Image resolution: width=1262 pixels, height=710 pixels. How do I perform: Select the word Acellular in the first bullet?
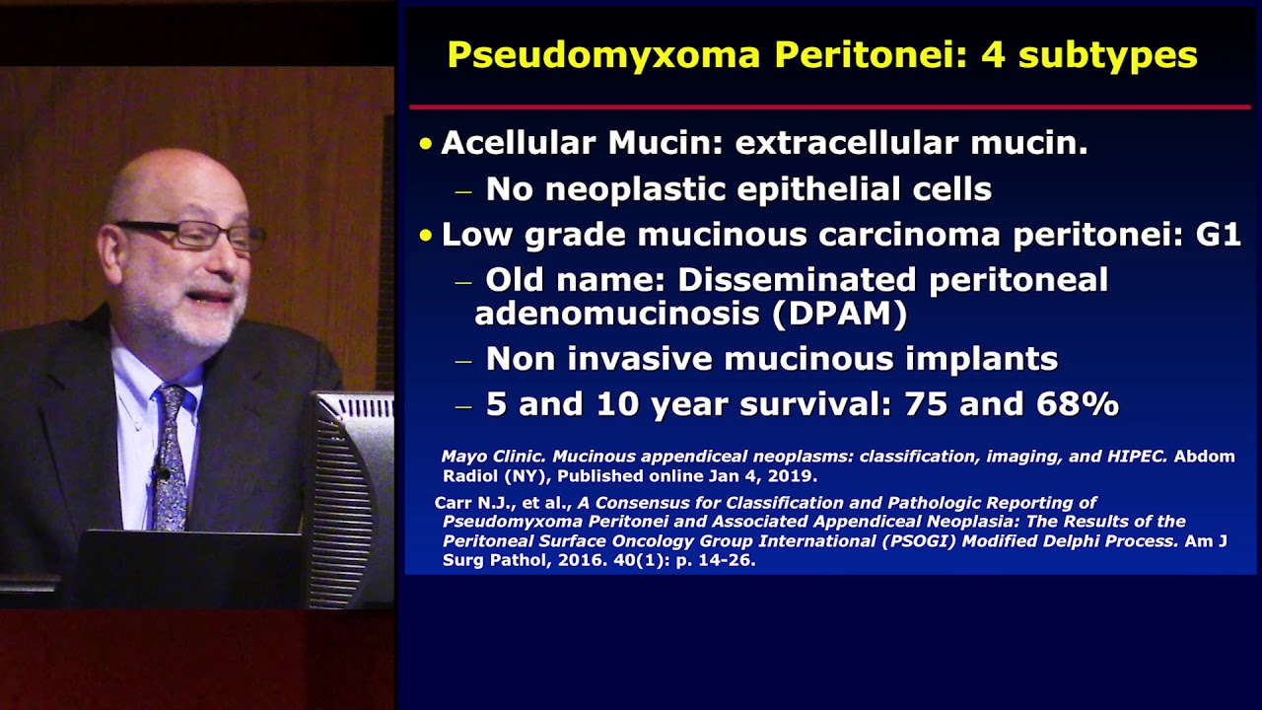519,143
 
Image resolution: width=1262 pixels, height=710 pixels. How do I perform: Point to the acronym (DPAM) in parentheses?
839,314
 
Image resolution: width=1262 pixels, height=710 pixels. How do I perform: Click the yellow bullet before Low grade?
426,236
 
